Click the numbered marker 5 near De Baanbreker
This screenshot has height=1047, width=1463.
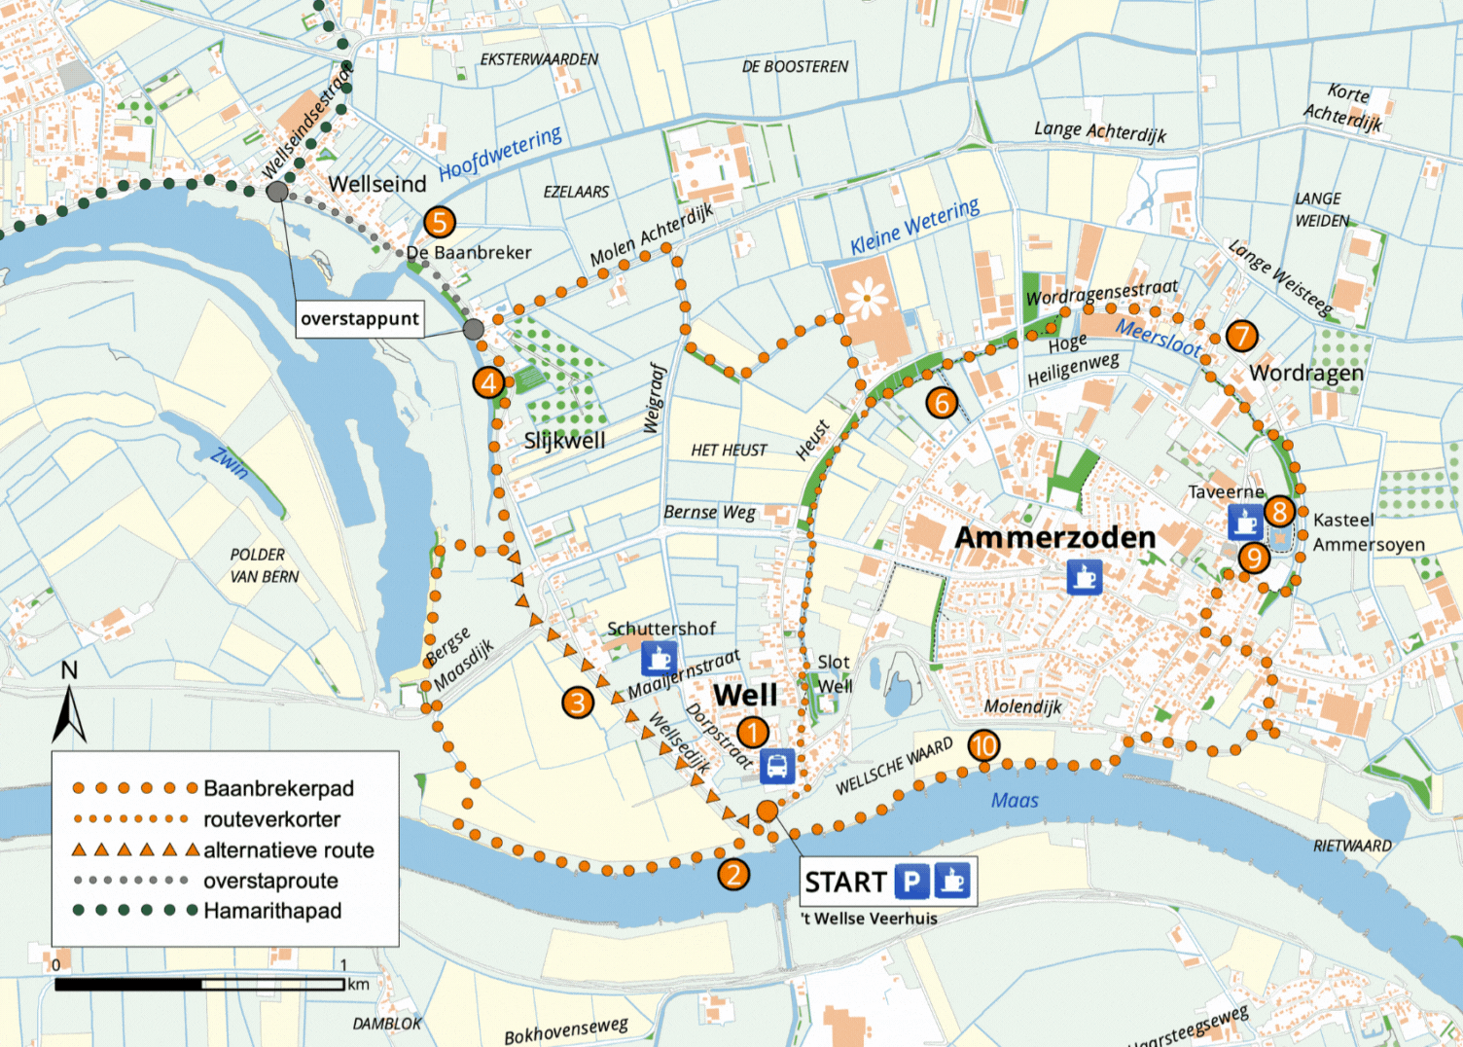440,222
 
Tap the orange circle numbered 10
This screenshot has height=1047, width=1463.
983,745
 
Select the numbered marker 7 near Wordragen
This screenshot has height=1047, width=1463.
1240,336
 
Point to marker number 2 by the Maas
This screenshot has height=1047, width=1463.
733,874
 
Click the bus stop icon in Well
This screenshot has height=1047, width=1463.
776,767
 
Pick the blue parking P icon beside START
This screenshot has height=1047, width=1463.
911,882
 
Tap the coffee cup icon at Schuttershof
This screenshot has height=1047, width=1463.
660,659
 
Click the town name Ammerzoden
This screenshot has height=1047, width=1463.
1054,537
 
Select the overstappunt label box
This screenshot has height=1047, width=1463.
359,318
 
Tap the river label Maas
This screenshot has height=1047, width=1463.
1015,800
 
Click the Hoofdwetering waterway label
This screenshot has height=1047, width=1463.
500,154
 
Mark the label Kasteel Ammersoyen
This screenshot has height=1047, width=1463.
1367,532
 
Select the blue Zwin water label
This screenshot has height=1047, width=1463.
231,462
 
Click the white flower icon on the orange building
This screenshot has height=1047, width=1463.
866,297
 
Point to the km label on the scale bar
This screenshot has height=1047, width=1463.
358,984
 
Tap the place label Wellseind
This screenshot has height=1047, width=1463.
377,184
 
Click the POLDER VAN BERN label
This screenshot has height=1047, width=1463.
264,565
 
